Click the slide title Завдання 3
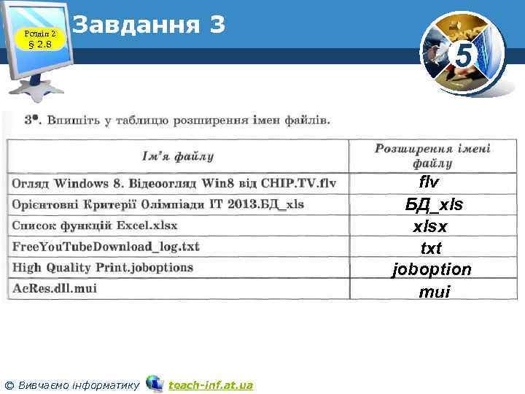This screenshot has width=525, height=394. [x=149, y=26]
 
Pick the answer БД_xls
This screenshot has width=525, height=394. [x=434, y=204]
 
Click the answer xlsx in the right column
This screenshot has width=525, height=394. [x=432, y=226]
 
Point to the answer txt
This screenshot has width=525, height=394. [x=432, y=248]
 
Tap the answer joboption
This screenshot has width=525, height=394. [x=432, y=270]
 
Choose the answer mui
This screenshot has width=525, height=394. [x=434, y=292]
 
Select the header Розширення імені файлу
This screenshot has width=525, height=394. [x=433, y=155]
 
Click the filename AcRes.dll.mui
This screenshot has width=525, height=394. [x=55, y=287]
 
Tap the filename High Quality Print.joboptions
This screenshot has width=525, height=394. [x=103, y=267]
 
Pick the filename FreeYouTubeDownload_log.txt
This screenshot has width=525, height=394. [x=106, y=246]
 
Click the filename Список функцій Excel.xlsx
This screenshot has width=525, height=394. [x=95, y=225]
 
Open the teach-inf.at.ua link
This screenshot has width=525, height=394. [x=211, y=384]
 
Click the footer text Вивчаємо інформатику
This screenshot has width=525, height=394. [x=79, y=384]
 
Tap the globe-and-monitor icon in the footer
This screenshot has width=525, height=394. [x=154, y=383]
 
